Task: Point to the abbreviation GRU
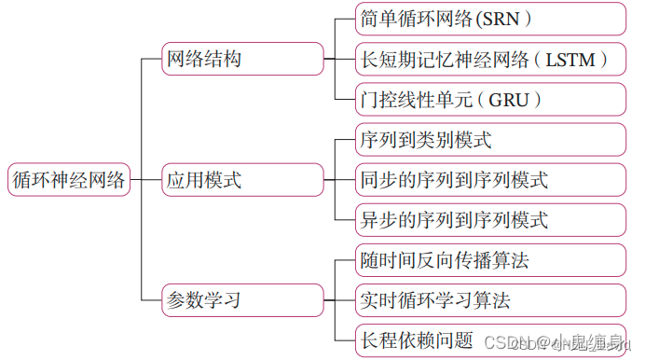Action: point(511,99)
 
